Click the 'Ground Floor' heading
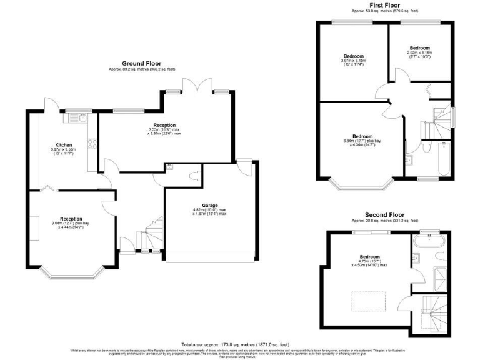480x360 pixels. pos(139,64)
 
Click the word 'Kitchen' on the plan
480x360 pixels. pos(62,144)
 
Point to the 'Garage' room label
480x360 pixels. pos(209,204)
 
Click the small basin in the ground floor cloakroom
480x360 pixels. pos(169,166)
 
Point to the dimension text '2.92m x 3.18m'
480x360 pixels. pos(419,53)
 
